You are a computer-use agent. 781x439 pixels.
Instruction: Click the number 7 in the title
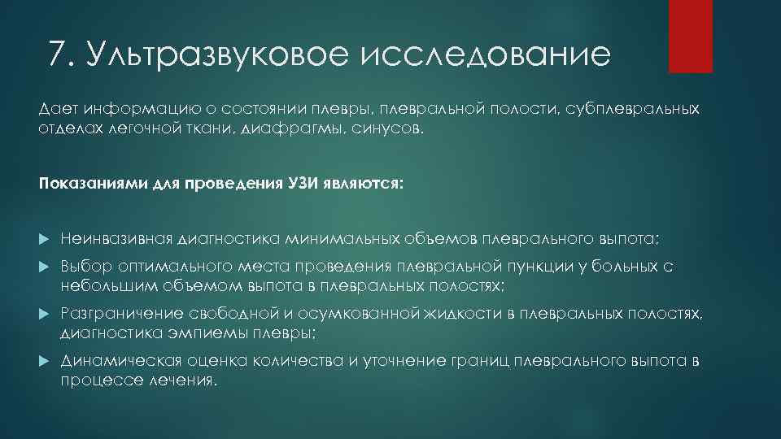tap(57, 55)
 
